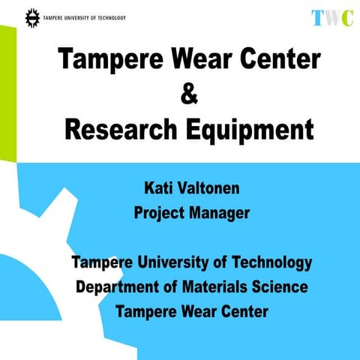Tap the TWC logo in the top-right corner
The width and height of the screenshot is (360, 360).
click(331, 18)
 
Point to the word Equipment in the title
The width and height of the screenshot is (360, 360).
click(250, 131)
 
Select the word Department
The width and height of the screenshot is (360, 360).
click(120, 287)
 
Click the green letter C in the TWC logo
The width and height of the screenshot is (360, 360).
click(346, 18)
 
